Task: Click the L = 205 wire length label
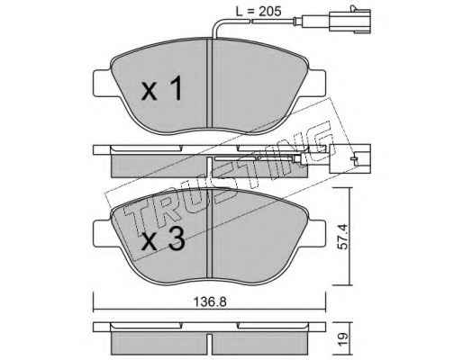click(x=259, y=12)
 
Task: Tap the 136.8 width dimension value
click(x=210, y=302)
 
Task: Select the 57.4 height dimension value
click(x=342, y=237)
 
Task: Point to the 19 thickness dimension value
click(x=342, y=339)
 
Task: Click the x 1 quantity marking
click(x=162, y=88)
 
